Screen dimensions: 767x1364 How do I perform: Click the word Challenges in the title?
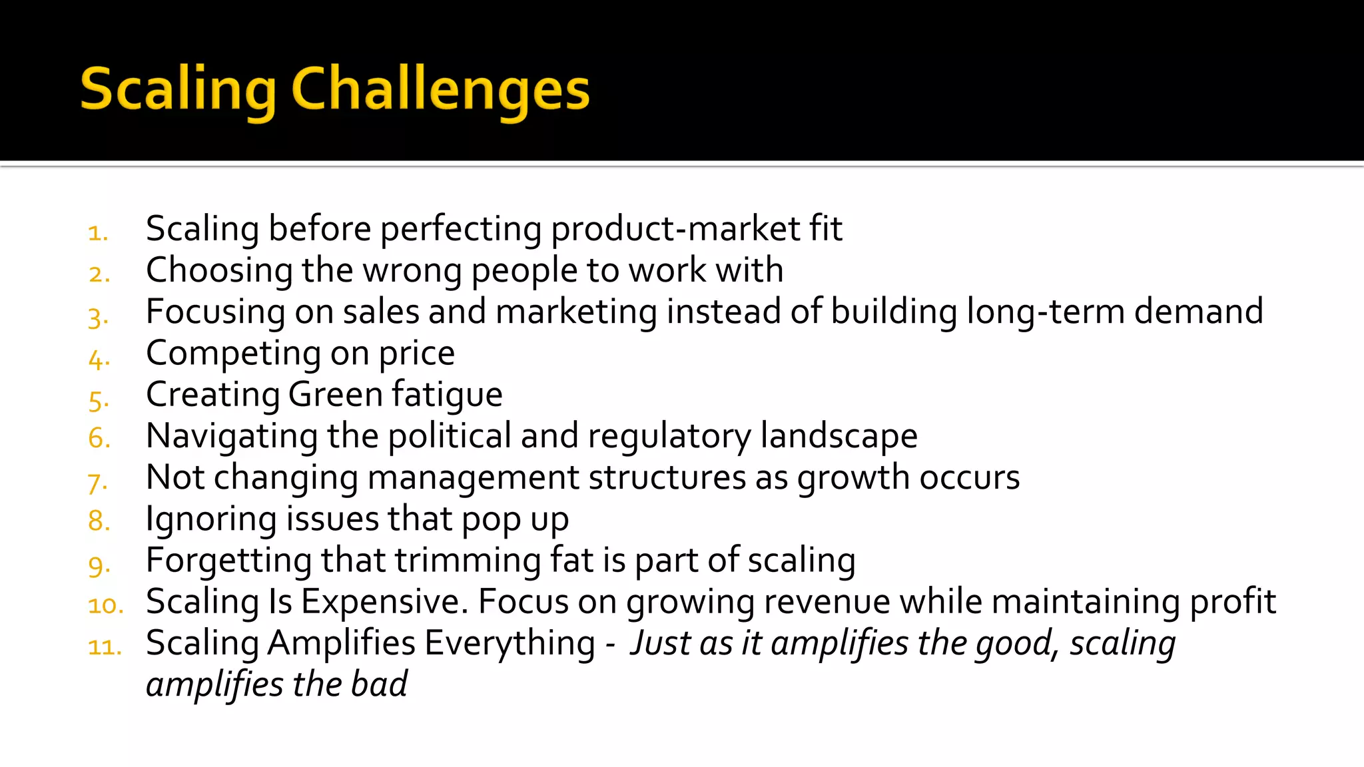440,89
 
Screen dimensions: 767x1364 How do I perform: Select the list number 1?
97,233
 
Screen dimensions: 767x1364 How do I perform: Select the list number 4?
98,360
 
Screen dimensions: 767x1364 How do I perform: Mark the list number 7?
97,482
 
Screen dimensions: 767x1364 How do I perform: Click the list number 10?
105,605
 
